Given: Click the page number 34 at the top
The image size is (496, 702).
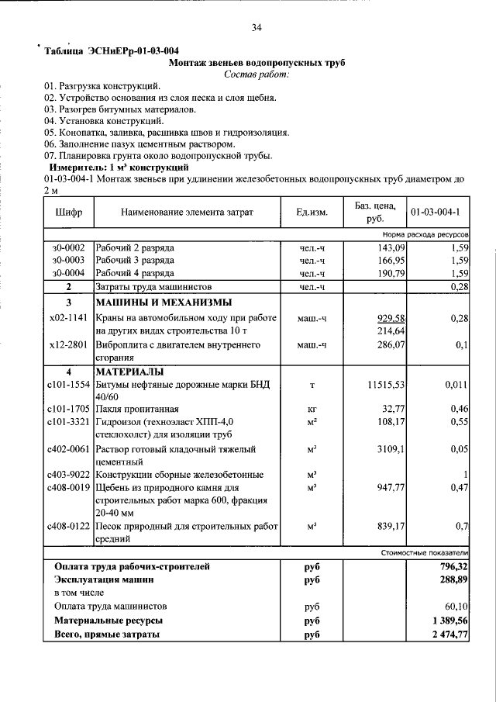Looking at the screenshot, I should pos(257,28).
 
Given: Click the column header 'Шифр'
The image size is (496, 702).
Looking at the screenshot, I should pos(69,212).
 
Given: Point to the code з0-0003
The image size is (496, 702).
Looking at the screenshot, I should pos(68,261).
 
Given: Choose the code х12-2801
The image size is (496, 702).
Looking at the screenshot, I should pos(69,345).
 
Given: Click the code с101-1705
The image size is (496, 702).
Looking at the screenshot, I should pos(69,409).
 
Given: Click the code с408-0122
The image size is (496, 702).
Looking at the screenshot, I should pos(69,527).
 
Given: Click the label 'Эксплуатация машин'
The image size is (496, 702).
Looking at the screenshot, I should pos(104,579).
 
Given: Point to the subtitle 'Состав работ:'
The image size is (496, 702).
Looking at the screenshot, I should pos(256,74).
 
